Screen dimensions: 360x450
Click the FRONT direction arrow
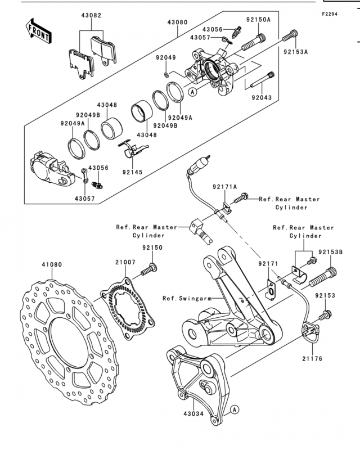38,31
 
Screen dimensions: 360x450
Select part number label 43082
91,16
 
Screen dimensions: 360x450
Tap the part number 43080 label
177,22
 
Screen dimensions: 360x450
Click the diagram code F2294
329,13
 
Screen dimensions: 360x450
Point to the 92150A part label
258,20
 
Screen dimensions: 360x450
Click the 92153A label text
296,52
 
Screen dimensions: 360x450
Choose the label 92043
262,97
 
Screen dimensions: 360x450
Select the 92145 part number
132,172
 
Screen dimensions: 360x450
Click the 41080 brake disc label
52,264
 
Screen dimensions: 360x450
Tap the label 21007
125,262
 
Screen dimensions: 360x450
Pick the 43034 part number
193,414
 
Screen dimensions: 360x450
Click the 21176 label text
312,359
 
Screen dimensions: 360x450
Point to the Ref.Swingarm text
187,299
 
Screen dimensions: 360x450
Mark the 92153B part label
330,252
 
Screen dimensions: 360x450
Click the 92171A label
225,187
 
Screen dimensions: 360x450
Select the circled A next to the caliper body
192,92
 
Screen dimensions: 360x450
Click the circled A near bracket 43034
235,409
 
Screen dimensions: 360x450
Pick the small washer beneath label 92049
166,75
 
